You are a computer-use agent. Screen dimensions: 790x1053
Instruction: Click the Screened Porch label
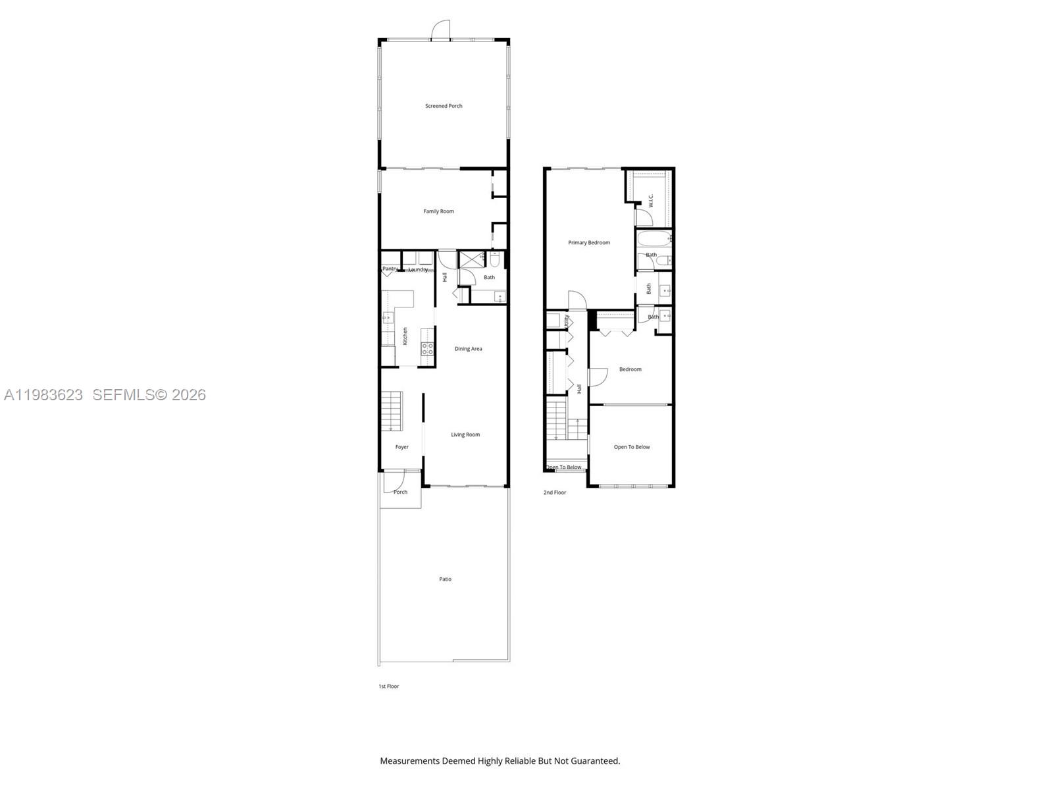[444, 106]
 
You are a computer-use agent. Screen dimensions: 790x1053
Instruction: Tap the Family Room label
[438, 211]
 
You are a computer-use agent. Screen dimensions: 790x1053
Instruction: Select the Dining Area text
[468, 349]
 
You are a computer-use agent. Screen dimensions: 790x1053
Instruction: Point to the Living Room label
[465, 434]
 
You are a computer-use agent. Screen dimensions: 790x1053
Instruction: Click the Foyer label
[401, 447]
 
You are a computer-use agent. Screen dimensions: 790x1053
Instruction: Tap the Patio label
[446, 579]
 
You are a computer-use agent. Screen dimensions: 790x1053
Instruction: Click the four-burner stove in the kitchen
[427, 349]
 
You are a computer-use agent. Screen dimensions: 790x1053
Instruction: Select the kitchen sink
[387, 319]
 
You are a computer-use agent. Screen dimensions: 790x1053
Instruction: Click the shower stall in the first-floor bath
[471, 258]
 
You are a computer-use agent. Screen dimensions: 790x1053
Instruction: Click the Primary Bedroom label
[589, 243]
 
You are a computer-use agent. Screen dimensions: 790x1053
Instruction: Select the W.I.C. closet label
[650, 199]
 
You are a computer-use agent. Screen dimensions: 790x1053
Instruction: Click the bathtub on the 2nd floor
[653, 238]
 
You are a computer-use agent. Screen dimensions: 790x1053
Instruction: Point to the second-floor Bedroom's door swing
[596, 377]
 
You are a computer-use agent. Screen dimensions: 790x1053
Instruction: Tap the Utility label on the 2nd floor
[567, 321]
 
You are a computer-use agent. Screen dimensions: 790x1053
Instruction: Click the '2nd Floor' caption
[555, 492]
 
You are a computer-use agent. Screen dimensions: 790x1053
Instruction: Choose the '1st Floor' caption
[388, 686]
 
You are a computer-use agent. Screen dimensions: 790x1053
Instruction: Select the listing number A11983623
[43, 395]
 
